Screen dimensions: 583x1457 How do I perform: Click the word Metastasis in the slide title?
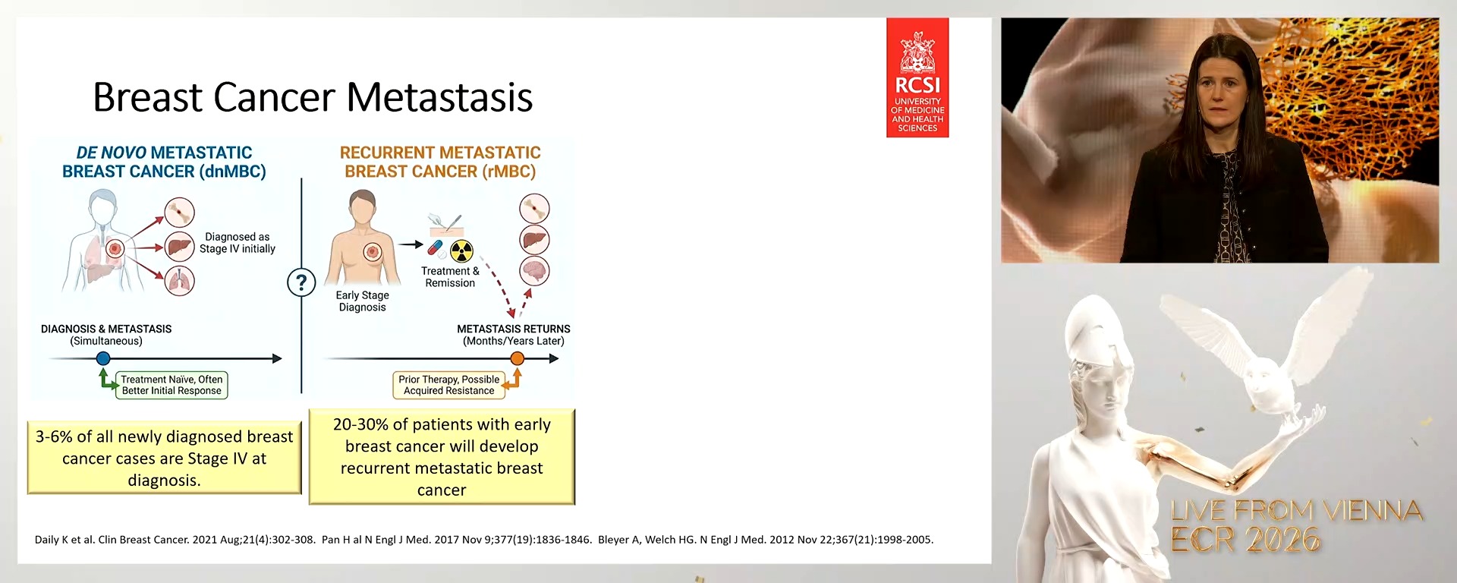tap(439, 98)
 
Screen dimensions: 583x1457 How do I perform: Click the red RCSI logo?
tap(917, 77)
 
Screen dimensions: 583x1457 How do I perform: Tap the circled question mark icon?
tap(301, 283)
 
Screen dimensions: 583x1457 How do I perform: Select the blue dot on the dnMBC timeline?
tap(103, 358)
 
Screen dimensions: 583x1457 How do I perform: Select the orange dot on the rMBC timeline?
tap(517, 358)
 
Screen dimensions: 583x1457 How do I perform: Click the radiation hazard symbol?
tap(461, 251)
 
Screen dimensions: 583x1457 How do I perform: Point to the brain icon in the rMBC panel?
tap(534, 271)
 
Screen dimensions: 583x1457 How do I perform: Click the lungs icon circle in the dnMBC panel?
tap(180, 281)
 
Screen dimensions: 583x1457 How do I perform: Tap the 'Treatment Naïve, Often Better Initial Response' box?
tap(172, 385)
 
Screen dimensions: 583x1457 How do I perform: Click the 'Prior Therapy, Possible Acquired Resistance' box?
tap(448, 385)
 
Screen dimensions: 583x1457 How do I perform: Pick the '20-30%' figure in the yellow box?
tap(360, 424)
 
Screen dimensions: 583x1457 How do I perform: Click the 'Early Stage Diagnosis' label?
tap(362, 301)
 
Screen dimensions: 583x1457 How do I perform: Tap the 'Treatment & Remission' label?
tap(450, 277)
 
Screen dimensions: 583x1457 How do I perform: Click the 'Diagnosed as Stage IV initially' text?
tap(237, 243)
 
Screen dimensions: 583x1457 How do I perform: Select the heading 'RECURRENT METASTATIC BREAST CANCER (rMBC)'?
tap(440, 162)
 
